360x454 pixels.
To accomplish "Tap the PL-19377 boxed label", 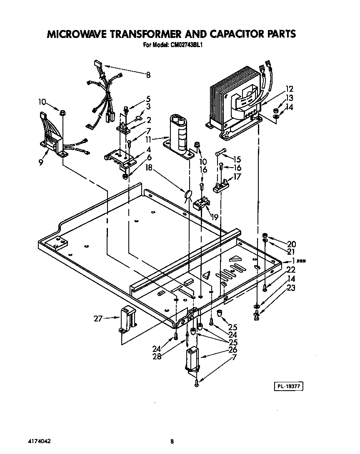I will (287, 386).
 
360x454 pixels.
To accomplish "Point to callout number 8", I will (148, 75).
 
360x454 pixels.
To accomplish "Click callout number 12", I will (289, 89).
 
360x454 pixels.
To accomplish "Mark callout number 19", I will (215, 217).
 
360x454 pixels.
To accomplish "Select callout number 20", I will (291, 244).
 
